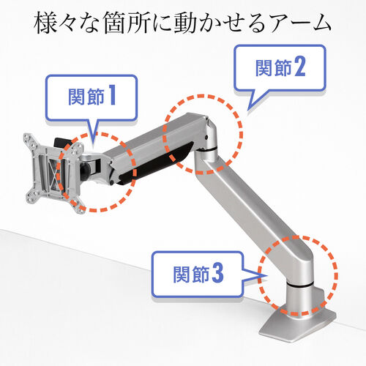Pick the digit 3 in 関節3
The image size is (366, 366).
[x=217, y=274]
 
